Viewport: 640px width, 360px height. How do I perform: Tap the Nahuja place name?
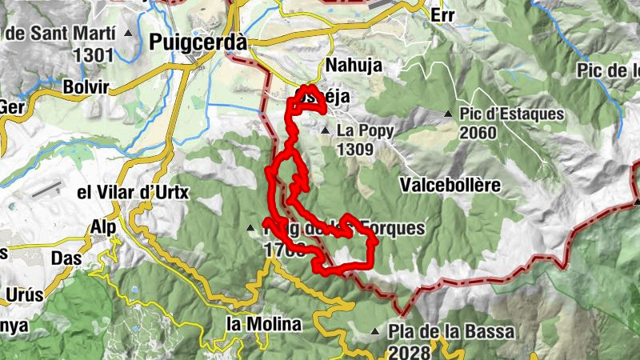coord(354,65)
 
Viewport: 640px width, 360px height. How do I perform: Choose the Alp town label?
coord(103,227)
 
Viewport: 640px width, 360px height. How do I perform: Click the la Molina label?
coord(263,324)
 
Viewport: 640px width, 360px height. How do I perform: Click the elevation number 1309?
coord(357,148)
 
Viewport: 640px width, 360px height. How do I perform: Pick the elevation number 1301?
coord(94,55)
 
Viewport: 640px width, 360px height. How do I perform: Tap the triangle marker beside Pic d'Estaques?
coord(449,114)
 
